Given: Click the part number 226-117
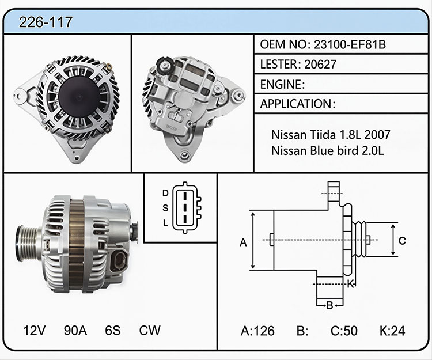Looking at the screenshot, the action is coord(46,22).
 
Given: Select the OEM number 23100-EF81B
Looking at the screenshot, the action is coord(350,44).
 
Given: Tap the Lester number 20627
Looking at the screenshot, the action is coord(320,65).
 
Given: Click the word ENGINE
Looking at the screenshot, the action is coord(281,84).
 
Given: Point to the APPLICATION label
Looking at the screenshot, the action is coord(295,104).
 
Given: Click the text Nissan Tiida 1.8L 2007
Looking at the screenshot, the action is coord(331,135).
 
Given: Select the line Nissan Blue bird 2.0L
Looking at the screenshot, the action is coord(327,151).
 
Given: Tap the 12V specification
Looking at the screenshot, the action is coord(34,330).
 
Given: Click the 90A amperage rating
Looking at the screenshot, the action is coord(75,330).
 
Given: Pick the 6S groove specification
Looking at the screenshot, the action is coord(113,330).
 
